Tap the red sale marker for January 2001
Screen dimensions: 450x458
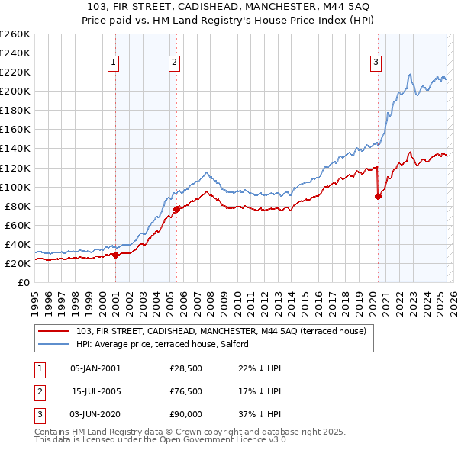point(115,255)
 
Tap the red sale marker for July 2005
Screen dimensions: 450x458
point(176,209)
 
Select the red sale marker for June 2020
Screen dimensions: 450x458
point(378,196)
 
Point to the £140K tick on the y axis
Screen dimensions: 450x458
point(17,148)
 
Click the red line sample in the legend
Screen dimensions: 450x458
point(54,330)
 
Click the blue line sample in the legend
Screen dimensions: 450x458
point(54,344)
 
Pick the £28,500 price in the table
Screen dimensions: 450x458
point(185,368)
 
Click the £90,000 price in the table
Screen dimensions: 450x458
point(185,416)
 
